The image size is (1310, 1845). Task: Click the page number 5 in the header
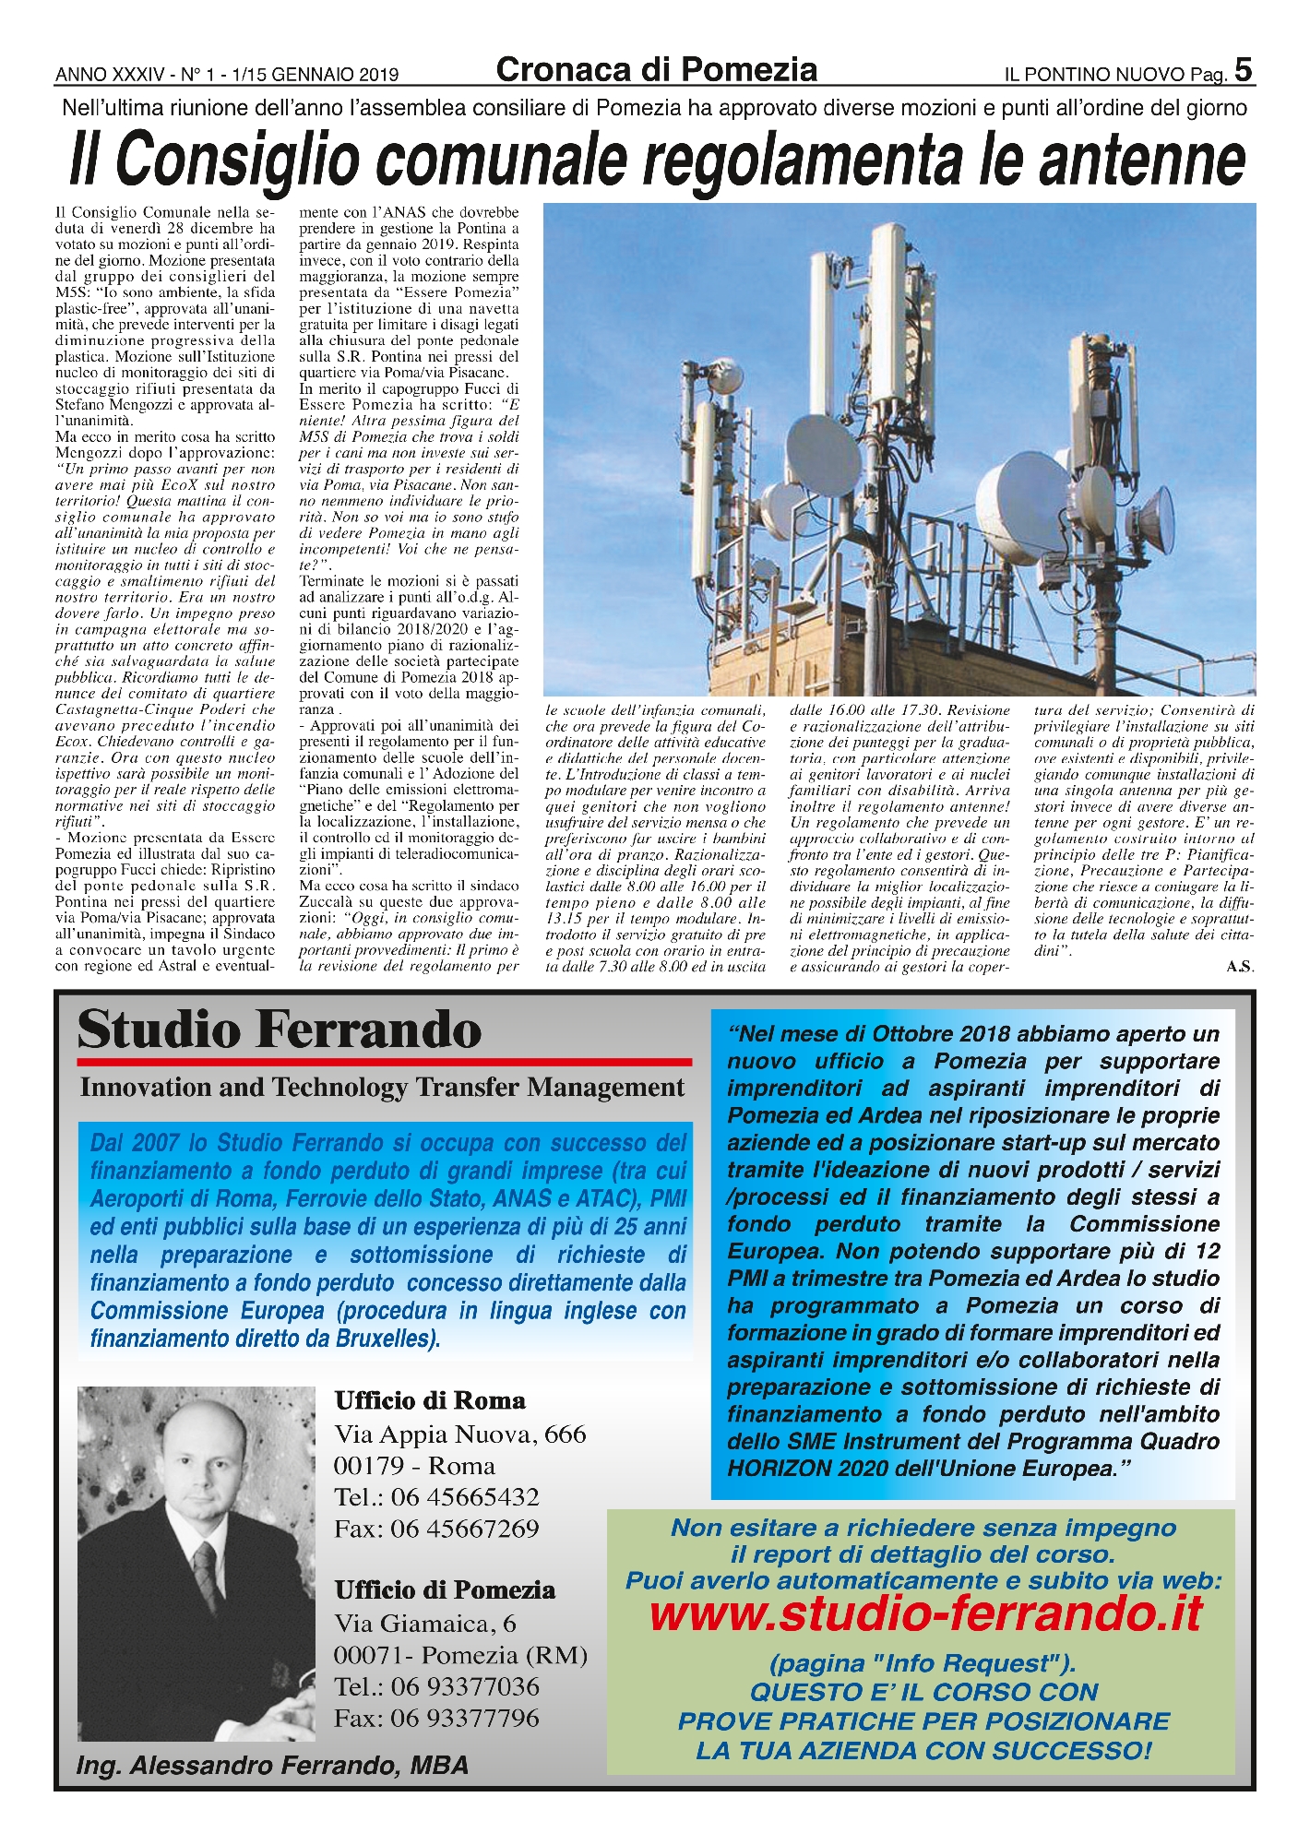[1243, 70]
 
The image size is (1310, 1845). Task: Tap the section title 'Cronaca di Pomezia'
[656, 70]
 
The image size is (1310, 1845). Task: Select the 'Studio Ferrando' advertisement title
[279, 1030]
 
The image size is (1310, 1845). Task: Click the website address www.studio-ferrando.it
[925, 1613]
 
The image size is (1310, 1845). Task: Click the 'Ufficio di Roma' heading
[430, 1401]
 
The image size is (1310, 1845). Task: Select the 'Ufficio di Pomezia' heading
[445, 1590]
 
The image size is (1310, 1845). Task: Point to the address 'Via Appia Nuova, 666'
[459, 1434]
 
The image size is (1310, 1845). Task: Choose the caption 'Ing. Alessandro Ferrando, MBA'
[272, 1766]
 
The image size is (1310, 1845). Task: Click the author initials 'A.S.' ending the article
[1240, 967]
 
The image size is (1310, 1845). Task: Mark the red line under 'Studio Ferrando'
[385, 1062]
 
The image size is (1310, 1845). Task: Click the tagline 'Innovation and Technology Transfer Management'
[382, 1088]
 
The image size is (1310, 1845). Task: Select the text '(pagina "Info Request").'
[923, 1664]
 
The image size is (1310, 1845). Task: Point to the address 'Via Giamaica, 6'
[424, 1624]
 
